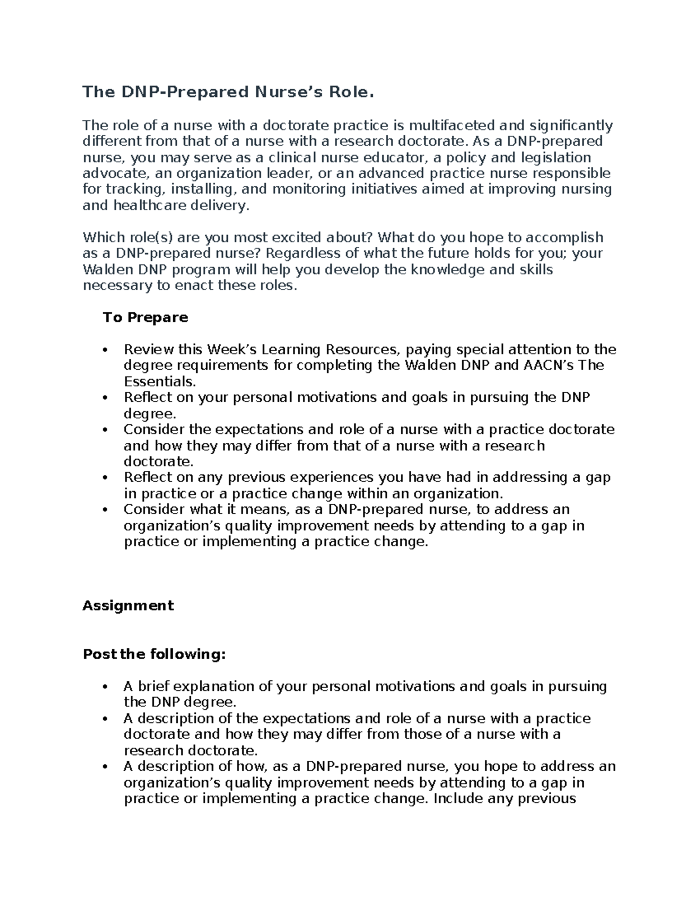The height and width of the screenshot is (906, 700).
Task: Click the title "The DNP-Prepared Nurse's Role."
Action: (227, 92)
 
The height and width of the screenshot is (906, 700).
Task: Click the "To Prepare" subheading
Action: (145, 317)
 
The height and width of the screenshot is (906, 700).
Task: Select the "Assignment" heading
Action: (128, 606)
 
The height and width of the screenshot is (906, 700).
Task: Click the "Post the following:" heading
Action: (154, 654)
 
